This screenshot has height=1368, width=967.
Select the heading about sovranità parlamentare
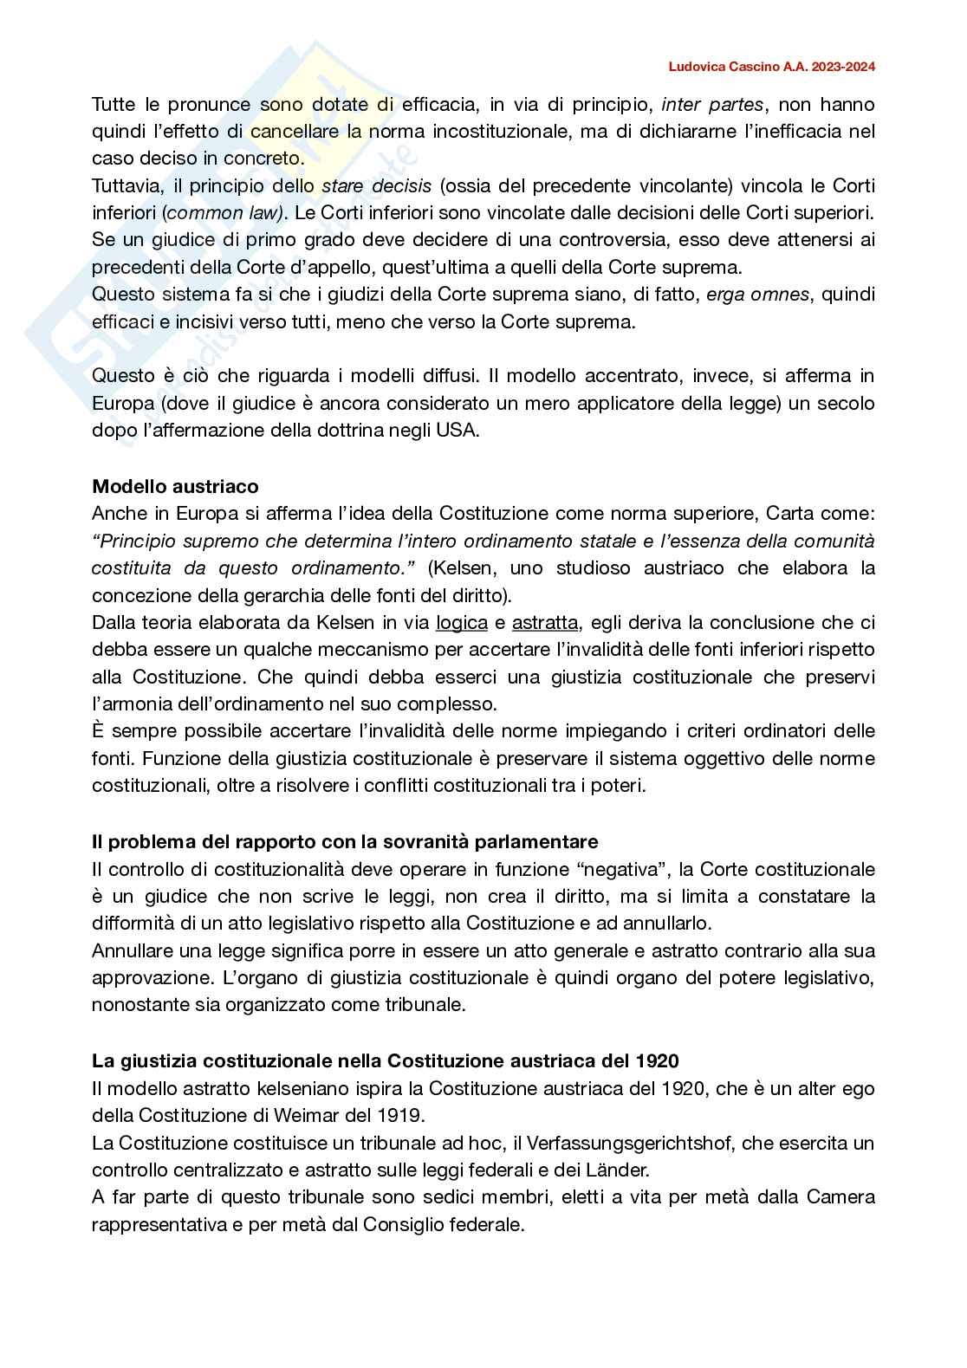point(345,841)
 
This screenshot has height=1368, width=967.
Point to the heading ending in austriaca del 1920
point(386,1060)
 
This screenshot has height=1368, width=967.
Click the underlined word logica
point(461,622)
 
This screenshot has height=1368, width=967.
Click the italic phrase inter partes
point(712,105)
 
